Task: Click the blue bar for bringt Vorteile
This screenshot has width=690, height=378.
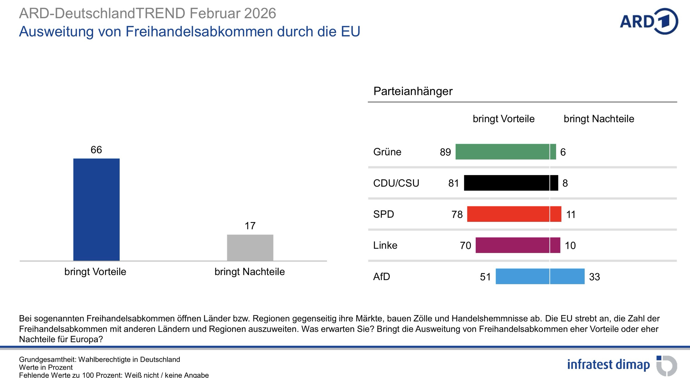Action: coord(96,210)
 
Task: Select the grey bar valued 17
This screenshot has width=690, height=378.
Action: coord(250,247)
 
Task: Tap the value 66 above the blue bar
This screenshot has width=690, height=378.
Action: coord(96,150)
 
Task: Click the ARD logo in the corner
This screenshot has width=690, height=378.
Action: coord(649,21)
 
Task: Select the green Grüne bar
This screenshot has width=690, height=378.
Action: coord(505,152)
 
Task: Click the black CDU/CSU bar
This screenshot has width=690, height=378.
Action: coord(511,183)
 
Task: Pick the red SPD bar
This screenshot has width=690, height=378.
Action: coord(514,214)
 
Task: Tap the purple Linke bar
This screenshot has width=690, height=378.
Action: coord(517,245)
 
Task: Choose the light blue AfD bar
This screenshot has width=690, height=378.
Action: coord(540,276)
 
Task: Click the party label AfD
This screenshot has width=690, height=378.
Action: coord(382,277)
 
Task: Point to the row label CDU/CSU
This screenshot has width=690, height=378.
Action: coord(396,183)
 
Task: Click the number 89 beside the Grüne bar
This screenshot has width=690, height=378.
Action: coord(445,152)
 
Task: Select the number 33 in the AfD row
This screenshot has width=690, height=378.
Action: coord(594,277)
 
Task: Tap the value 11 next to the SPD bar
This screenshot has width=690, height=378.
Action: coord(571,214)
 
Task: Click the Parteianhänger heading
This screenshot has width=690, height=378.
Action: coord(413,91)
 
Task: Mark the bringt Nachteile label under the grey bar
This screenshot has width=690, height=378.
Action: coord(249,272)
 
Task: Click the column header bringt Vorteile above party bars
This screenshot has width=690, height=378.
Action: coord(503,119)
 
